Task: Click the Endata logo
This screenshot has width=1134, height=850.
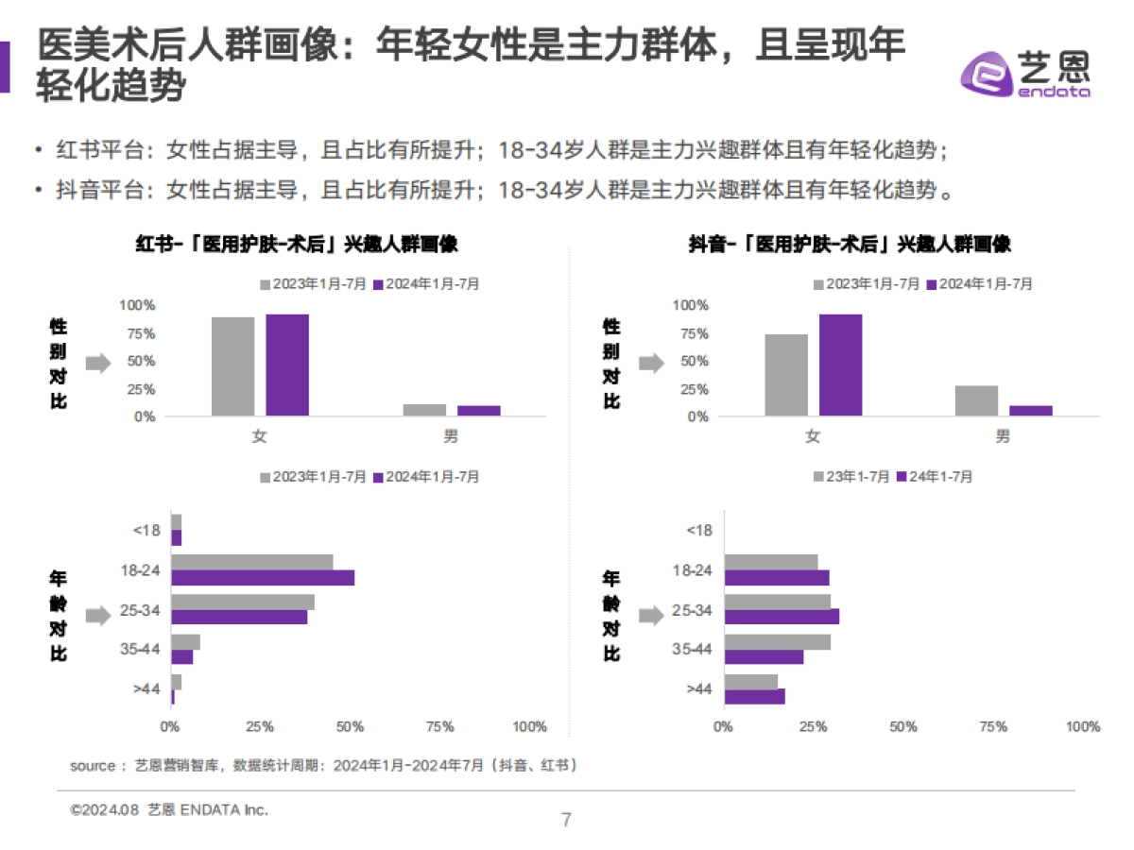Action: (x=1025, y=72)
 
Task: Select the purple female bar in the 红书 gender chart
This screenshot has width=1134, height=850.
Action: (x=287, y=365)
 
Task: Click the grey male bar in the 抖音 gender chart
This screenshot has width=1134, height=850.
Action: (x=976, y=400)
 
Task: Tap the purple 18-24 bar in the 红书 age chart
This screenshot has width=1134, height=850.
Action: (x=263, y=578)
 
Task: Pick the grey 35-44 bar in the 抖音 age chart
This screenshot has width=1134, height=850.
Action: (x=777, y=642)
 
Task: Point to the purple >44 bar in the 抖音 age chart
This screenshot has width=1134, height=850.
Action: (x=754, y=697)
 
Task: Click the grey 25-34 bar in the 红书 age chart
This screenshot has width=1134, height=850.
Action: (x=243, y=603)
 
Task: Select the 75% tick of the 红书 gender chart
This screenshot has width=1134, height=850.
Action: (x=137, y=333)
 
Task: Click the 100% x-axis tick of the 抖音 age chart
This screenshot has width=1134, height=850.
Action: (x=1082, y=727)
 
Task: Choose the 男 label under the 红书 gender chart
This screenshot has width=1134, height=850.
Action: (x=452, y=436)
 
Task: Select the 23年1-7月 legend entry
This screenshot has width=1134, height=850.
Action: (x=850, y=477)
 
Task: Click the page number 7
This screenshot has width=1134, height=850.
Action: (x=566, y=819)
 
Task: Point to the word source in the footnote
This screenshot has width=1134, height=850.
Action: (x=93, y=766)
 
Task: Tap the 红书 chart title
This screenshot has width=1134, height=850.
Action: (x=297, y=244)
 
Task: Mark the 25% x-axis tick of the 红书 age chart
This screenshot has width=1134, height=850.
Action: (x=260, y=727)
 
